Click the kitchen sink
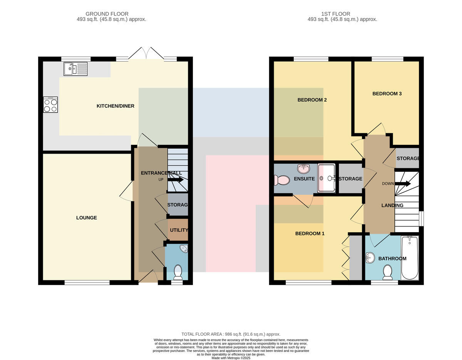[75, 69]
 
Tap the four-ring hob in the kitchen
[50, 105]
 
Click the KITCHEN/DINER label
[115, 106]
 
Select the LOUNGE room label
[87, 218]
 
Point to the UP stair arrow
[176, 180]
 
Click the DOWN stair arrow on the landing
[403, 184]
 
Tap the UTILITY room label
[179, 230]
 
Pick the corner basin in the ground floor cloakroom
[184, 248]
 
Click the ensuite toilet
[282, 180]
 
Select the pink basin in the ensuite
[305, 169]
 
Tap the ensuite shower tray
[326, 178]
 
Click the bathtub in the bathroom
[410, 258]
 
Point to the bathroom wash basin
[370, 258]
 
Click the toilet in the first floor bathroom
[388, 272]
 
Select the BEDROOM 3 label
[387, 94]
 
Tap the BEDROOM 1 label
[310, 233]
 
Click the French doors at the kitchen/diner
[146, 53]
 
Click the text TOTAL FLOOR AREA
[201, 334]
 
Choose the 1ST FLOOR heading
[335, 14]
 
